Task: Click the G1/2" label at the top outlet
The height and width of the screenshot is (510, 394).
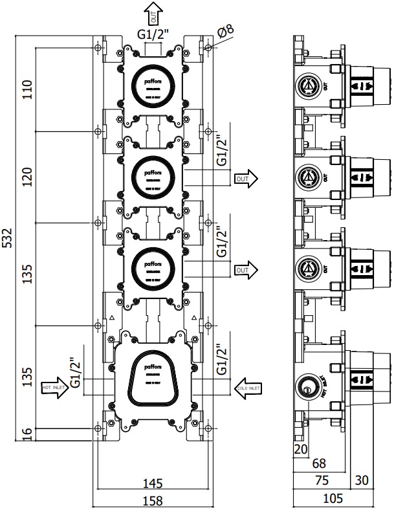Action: [154, 36]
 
